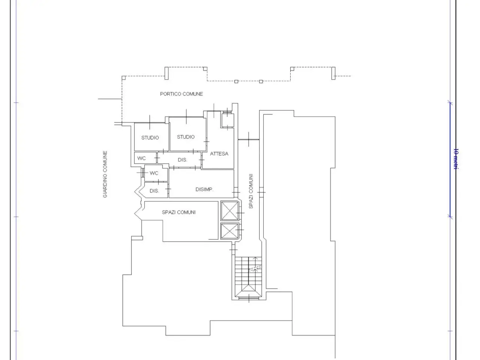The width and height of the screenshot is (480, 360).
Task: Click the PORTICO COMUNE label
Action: [181, 94]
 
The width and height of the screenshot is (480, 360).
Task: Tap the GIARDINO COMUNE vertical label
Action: [105, 174]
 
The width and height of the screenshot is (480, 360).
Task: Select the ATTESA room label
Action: [219, 154]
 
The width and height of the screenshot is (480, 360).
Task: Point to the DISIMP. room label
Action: [204, 189]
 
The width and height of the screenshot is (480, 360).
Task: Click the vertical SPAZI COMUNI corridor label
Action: [251, 191]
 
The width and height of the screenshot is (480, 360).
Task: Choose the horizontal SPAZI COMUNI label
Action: [178, 212]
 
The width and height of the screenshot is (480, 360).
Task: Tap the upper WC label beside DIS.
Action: [141, 158]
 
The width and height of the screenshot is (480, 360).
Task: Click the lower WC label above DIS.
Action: [154, 173]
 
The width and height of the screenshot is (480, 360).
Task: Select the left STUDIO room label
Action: [150, 138]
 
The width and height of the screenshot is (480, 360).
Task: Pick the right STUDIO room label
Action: [186, 137]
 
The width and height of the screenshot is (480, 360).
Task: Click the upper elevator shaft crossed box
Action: [229, 211]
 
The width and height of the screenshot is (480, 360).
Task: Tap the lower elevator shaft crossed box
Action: [229, 231]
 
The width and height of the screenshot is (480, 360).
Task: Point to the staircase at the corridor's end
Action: [248, 277]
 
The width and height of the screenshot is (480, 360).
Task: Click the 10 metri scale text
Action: [456, 159]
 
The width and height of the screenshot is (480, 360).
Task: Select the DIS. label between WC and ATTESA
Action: [182, 160]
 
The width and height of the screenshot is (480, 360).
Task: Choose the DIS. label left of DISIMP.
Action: [154, 191]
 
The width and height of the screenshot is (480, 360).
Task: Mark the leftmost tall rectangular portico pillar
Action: [166, 73]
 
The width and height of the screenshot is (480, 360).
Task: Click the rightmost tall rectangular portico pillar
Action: [333, 73]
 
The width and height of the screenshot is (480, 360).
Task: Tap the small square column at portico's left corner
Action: [123, 78]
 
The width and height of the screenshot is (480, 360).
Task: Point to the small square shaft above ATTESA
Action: [228, 120]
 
